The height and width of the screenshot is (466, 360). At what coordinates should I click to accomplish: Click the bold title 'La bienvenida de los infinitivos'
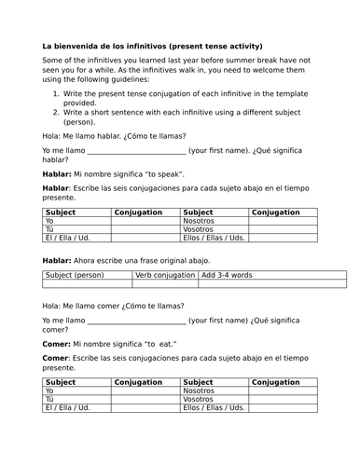point(112,46)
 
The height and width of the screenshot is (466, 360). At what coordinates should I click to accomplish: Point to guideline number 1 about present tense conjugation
point(177,93)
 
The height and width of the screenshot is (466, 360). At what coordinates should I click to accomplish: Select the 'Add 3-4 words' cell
point(229,276)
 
